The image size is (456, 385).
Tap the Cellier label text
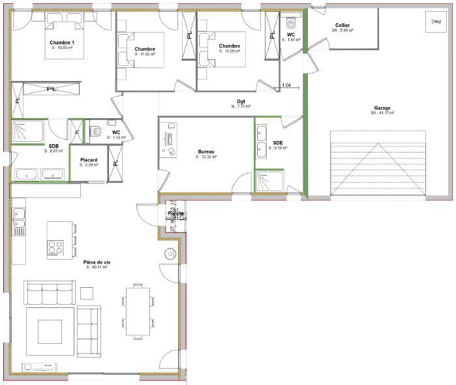click(342, 25)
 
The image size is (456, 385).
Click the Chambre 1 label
click(62, 42)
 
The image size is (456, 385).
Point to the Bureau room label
click(207, 152)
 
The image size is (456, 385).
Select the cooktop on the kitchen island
click(55, 248)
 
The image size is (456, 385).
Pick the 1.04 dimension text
click(287, 85)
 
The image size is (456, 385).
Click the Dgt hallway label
click(241, 101)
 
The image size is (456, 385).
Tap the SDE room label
click(278, 143)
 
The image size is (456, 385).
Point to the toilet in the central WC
click(97, 131)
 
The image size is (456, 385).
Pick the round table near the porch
click(169, 254)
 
